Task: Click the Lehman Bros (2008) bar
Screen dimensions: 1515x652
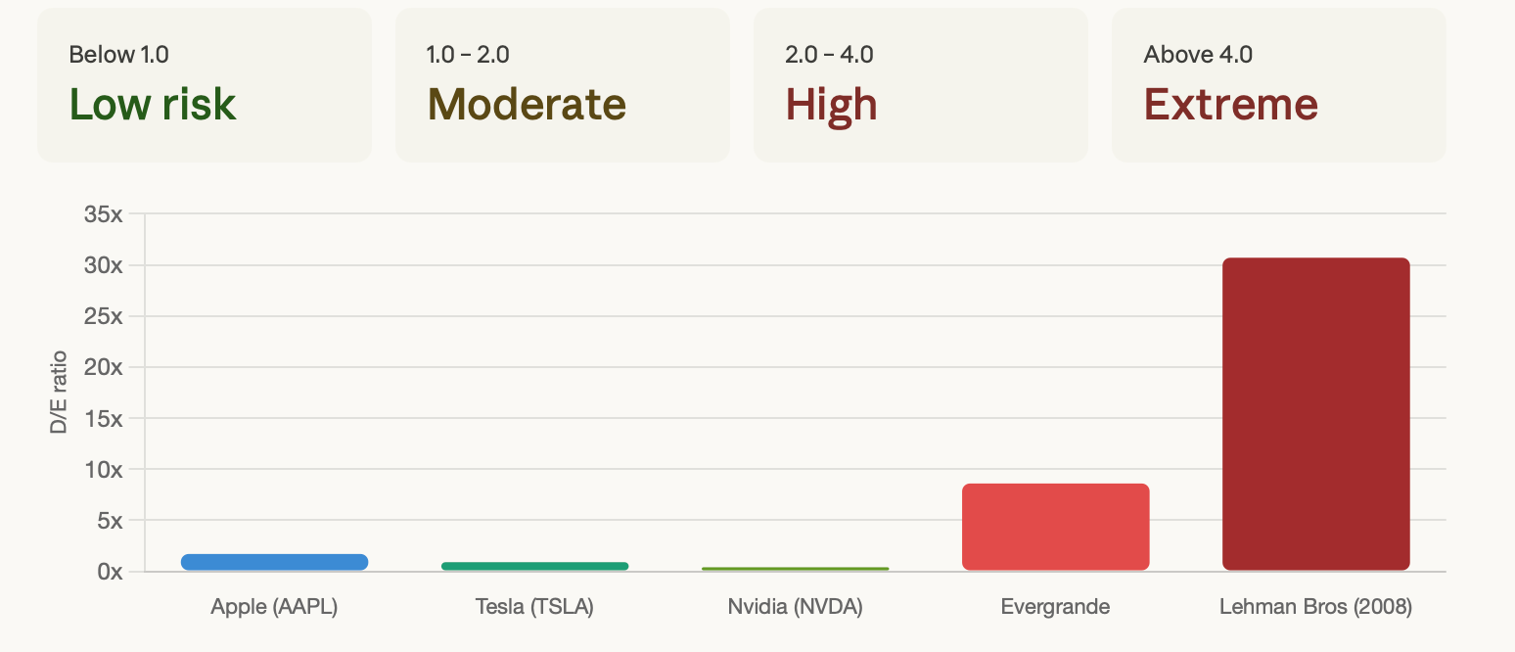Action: [x=1315, y=414]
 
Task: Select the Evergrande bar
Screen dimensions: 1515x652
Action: [x=1055, y=527]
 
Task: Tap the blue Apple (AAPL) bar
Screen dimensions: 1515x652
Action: [x=275, y=562]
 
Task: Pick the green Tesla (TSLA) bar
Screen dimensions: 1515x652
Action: [x=535, y=566]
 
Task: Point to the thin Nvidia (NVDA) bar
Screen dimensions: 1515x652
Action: [x=796, y=569]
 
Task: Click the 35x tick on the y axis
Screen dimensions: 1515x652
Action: [x=103, y=214]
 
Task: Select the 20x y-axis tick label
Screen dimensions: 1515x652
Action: [x=103, y=367]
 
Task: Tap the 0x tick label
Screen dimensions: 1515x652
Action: [x=110, y=572]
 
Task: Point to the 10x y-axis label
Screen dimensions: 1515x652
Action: [x=103, y=469]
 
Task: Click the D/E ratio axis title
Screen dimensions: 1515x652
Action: [x=59, y=393]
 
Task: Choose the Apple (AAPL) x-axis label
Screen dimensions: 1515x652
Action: [x=274, y=607]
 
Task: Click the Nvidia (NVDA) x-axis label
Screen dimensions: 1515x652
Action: [x=796, y=607]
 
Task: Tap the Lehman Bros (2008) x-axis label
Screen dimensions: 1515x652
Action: [x=1315, y=607]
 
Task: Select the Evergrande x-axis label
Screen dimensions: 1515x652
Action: [x=1055, y=607]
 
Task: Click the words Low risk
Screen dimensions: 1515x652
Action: [x=152, y=104]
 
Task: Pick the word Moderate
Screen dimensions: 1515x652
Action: [x=527, y=104]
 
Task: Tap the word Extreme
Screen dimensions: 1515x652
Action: [x=1231, y=104]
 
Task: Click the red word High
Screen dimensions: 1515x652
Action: [x=831, y=106]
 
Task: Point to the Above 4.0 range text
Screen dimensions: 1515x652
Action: [x=1198, y=54]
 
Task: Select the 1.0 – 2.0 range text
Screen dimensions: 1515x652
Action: [x=468, y=54]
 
